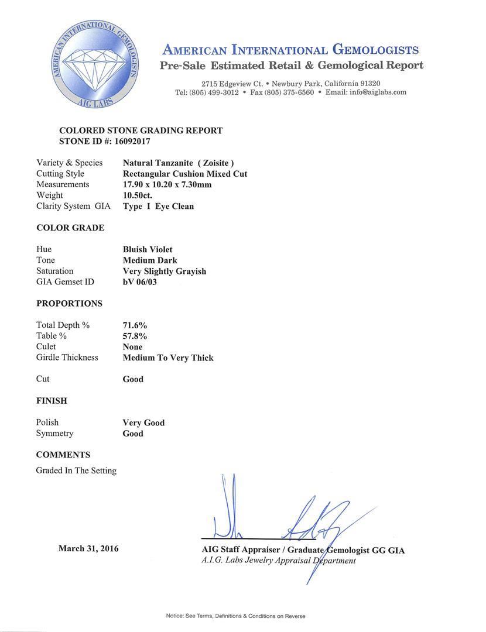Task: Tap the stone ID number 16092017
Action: (x=121, y=141)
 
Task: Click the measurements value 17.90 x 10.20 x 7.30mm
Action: (x=167, y=184)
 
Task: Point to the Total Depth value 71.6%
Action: (x=135, y=325)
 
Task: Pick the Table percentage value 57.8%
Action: (x=135, y=336)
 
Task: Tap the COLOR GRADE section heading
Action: (x=70, y=228)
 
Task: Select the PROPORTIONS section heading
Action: (x=69, y=304)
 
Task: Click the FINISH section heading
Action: (x=52, y=401)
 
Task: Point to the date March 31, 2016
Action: (x=88, y=548)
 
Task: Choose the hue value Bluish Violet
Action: (x=148, y=249)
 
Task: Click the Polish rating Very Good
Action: (x=143, y=423)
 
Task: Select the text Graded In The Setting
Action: (x=76, y=470)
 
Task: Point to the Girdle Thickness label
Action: (x=67, y=358)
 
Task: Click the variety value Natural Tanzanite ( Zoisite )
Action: (x=179, y=163)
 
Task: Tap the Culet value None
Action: (x=132, y=347)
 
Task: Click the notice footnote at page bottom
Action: (x=235, y=616)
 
